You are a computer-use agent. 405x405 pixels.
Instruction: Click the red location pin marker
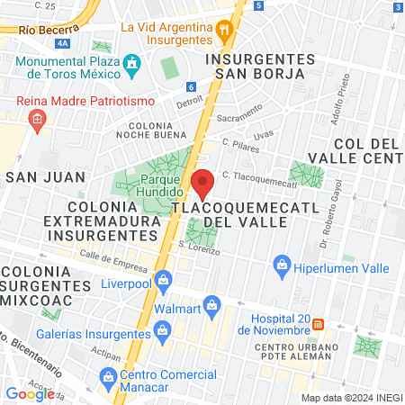click(203, 184)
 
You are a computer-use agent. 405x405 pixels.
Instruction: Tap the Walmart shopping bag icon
click(212, 306)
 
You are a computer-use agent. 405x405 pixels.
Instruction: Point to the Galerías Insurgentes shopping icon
click(161, 333)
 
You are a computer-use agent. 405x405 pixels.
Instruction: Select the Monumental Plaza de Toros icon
click(132, 65)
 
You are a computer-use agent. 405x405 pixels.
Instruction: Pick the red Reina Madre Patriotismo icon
click(37, 120)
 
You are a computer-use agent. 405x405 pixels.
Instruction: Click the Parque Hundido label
click(161, 185)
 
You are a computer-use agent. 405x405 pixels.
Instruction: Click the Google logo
click(30, 393)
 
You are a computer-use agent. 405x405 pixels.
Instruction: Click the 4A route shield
click(61, 42)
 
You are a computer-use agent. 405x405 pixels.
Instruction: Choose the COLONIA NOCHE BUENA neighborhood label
click(149, 131)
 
